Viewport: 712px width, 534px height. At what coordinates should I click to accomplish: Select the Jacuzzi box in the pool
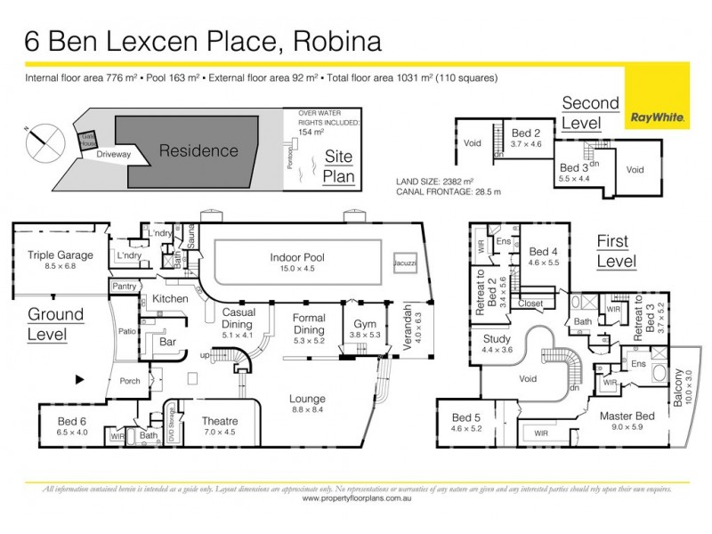[x=403, y=265]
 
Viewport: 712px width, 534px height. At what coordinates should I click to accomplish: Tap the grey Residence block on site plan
[x=198, y=150]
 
